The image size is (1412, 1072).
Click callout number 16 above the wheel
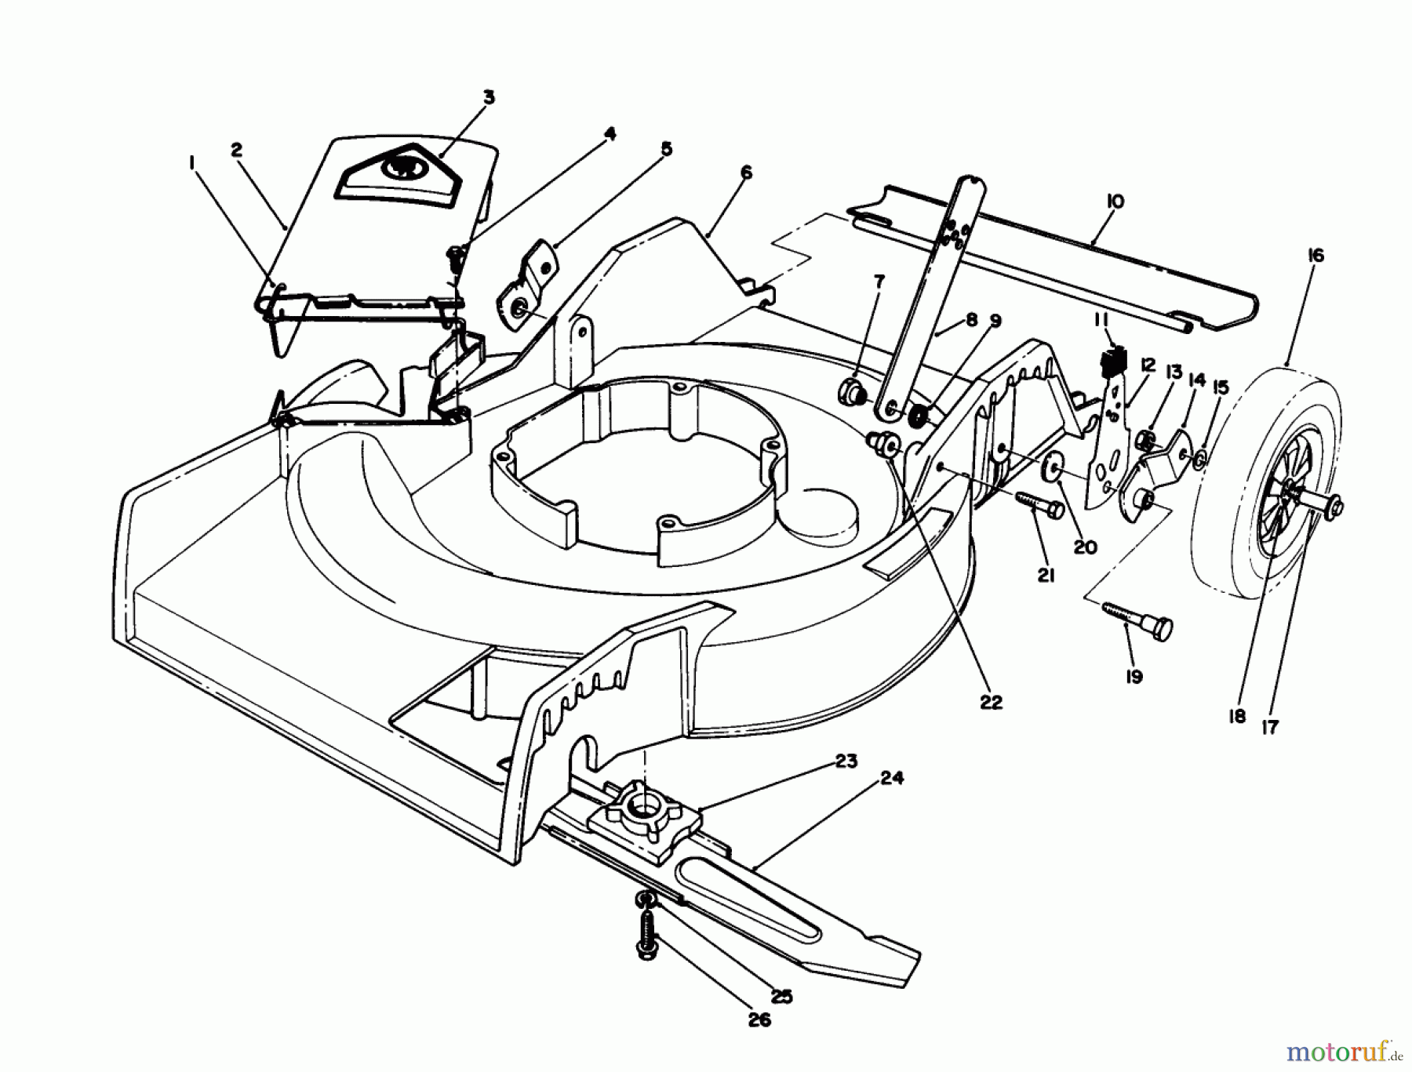point(1316,256)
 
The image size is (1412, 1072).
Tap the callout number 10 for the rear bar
point(1115,202)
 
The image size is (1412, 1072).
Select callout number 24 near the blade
point(892,778)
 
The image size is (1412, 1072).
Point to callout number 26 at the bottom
point(759,1019)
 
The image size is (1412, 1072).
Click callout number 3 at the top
point(489,97)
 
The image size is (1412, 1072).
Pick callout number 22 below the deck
point(991,702)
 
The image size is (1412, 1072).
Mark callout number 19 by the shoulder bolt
point(1134,676)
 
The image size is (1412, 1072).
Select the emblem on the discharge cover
point(402,166)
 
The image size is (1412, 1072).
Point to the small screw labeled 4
point(455,256)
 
